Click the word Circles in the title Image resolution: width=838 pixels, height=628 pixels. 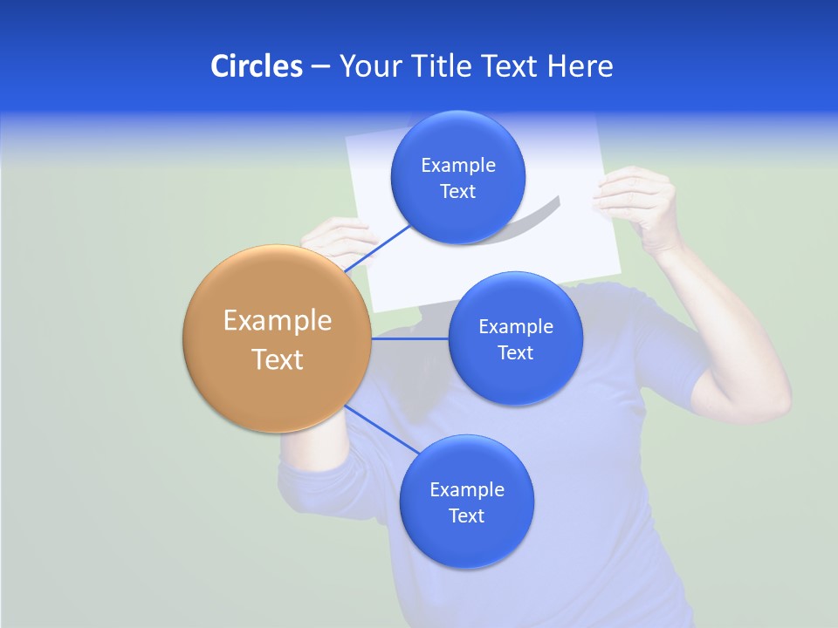point(256,66)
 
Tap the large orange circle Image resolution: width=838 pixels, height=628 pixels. point(277,338)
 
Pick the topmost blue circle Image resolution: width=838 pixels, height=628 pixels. point(457,177)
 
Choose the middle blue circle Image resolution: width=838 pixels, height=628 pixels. point(515,338)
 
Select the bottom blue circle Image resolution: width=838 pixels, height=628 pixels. point(466,502)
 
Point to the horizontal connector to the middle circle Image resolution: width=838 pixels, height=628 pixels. point(409,338)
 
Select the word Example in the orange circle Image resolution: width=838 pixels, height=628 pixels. point(277,321)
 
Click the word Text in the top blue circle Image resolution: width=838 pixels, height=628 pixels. point(457,192)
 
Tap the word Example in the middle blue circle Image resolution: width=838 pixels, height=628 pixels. point(515,327)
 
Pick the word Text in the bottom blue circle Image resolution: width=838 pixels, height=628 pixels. point(466,516)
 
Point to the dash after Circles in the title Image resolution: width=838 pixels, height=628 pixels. point(319,67)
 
